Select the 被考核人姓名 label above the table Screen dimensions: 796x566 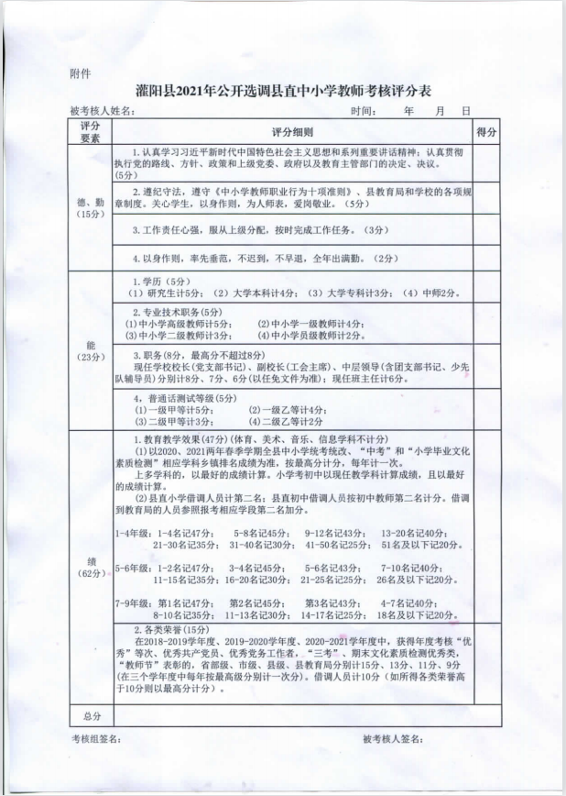click(x=102, y=111)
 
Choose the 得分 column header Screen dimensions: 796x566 click(x=486, y=132)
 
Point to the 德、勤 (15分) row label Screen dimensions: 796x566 click(x=91, y=206)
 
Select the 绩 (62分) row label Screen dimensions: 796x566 click(x=91, y=566)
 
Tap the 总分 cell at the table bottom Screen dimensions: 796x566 click(x=91, y=714)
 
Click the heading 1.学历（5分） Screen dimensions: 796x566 click(x=161, y=281)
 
